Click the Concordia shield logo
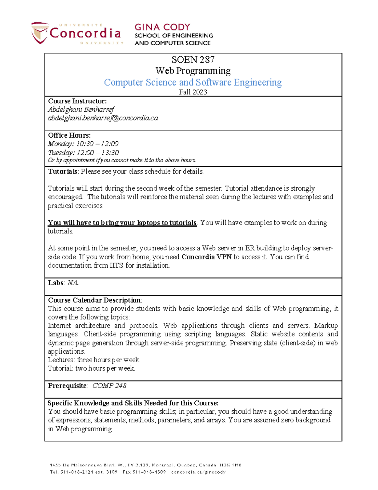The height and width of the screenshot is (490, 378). [x=40, y=33]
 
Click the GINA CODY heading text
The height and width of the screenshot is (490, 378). [x=162, y=27]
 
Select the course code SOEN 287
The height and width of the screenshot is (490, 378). [x=193, y=60]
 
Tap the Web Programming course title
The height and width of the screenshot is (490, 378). [x=193, y=71]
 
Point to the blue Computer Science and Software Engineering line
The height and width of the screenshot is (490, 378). [x=193, y=82]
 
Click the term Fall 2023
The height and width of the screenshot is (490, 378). [x=193, y=92]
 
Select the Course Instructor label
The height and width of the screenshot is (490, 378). [x=77, y=101]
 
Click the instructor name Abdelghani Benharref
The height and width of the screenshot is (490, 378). [x=81, y=109]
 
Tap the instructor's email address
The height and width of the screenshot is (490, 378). [x=103, y=118]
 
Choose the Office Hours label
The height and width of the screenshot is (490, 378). [x=69, y=135]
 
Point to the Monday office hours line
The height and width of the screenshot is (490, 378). [x=83, y=144]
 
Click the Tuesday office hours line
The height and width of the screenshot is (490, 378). [x=83, y=153]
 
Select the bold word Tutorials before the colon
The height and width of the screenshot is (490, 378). [x=62, y=171]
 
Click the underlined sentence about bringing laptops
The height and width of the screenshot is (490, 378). [x=122, y=223]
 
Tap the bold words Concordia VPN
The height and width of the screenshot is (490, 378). [x=206, y=257]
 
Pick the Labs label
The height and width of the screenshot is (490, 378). [x=56, y=283]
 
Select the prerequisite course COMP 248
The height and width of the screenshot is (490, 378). [x=109, y=386]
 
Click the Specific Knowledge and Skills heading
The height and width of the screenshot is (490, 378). [x=133, y=403]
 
